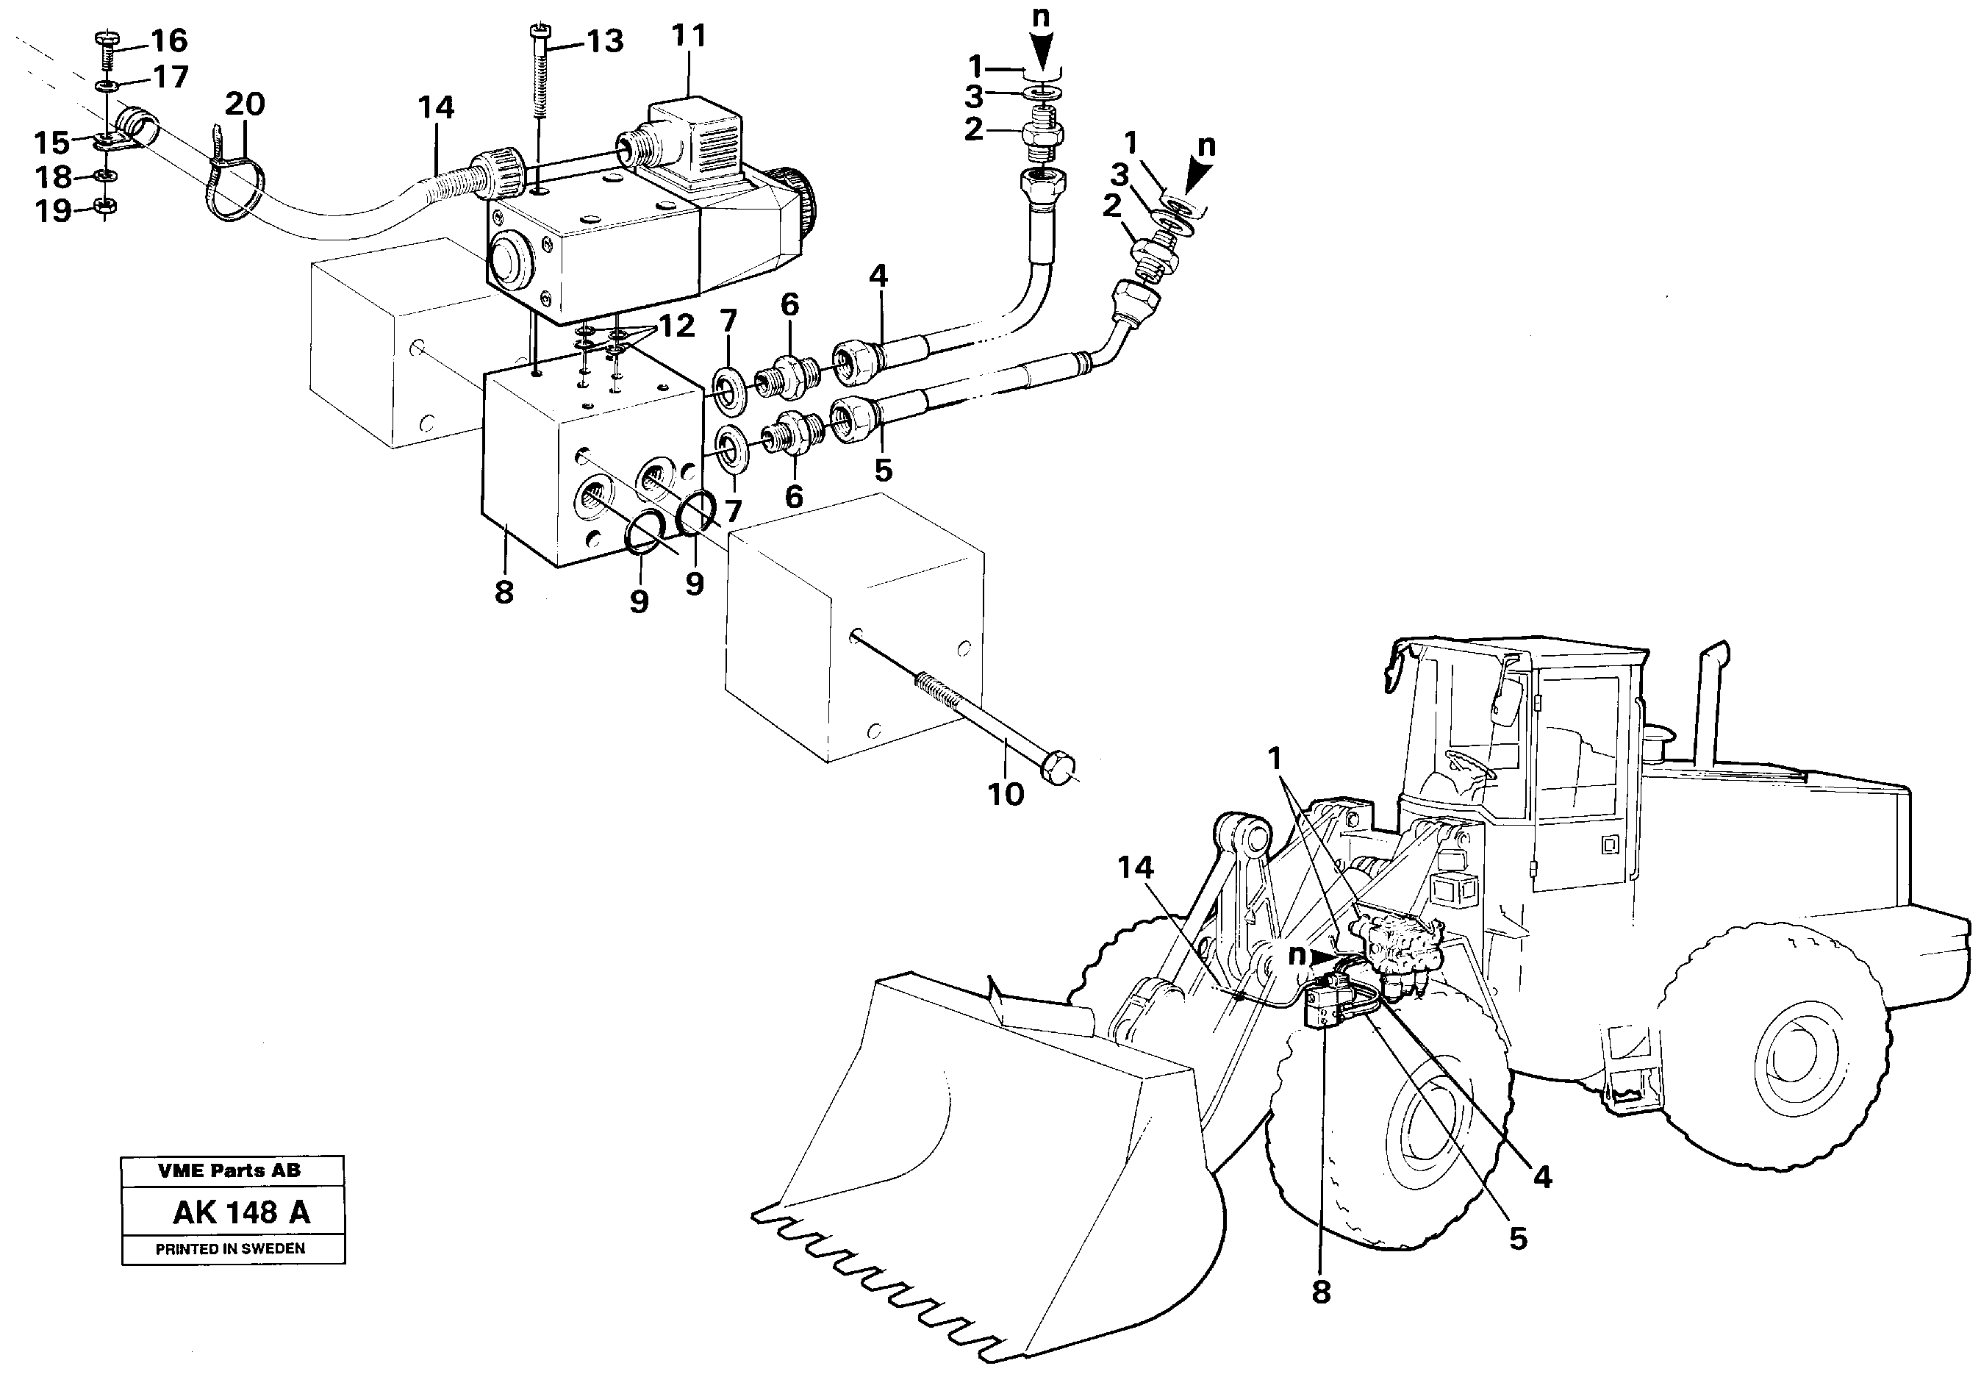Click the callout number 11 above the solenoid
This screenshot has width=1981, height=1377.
tap(688, 36)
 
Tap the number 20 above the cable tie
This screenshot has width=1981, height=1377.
tap(244, 104)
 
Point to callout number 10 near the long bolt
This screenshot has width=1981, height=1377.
tap(1005, 794)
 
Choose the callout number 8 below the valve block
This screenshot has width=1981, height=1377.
tap(504, 592)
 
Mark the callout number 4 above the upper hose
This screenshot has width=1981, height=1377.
tap(877, 276)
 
